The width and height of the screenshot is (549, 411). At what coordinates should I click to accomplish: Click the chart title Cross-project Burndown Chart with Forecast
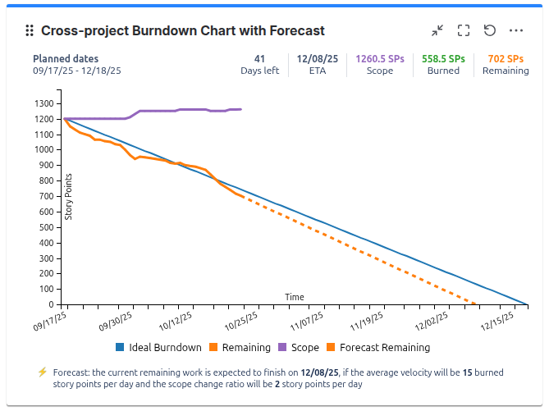point(183,30)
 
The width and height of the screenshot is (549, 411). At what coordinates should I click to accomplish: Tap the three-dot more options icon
point(516,30)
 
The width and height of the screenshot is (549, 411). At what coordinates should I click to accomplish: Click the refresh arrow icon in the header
point(490,30)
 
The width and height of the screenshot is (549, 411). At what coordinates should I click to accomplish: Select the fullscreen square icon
point(464,30)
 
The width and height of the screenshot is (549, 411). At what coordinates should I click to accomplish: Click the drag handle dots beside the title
point(30,30)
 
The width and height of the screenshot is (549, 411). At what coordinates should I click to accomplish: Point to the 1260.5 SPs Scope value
point(379,59)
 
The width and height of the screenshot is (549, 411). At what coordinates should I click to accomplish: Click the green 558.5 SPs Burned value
point(443,59)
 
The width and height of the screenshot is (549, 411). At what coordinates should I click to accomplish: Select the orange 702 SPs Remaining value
point(506,59)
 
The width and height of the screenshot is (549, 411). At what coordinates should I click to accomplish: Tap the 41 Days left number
point(259,59)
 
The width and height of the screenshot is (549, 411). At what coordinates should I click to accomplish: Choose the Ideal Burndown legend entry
point(159,348)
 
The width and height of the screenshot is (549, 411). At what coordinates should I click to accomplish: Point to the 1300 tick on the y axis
point(46,104)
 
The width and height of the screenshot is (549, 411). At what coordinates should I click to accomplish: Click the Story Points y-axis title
point(69,196)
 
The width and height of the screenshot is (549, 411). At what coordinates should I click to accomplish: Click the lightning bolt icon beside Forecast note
point(43,372)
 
